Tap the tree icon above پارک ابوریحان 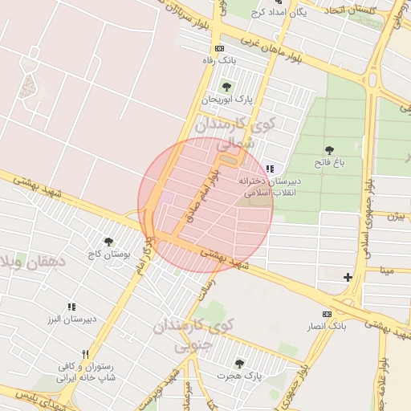(226, 87)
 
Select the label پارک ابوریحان (226, 100)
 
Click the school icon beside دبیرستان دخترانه (270, 169)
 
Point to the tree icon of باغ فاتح (328, 150)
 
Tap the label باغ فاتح (328, 162)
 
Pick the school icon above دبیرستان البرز (71, 307)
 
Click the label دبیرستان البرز (69, 319)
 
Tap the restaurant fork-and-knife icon (84, 354)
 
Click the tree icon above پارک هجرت (238, 364)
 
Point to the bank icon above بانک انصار (327, 313)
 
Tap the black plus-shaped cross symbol (347, 278)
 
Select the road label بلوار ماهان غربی (271, 51)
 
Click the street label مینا (388, 271)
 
